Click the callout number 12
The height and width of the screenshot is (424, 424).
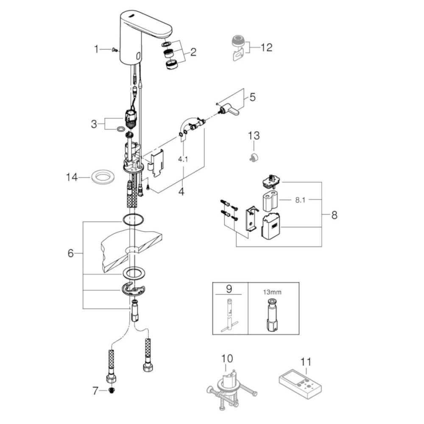point(266,47)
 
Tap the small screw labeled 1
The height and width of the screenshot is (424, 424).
point(114,50)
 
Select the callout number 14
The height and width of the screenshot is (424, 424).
point(72,177)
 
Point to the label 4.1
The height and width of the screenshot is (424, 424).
point(183,159)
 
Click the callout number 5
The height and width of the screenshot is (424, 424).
point(252,97)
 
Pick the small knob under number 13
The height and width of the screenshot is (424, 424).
point(254,157)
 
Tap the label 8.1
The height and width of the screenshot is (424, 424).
point(300,200)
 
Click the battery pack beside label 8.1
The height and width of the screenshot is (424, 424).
point(271,201)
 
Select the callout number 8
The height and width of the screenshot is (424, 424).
point(335,215)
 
